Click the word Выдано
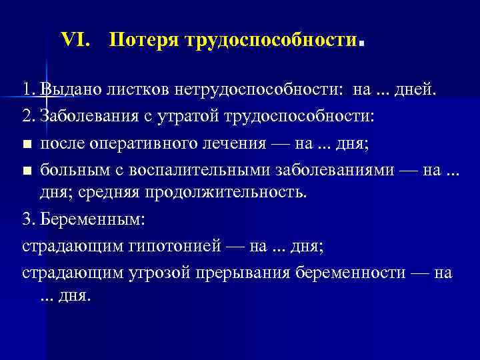68,89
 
